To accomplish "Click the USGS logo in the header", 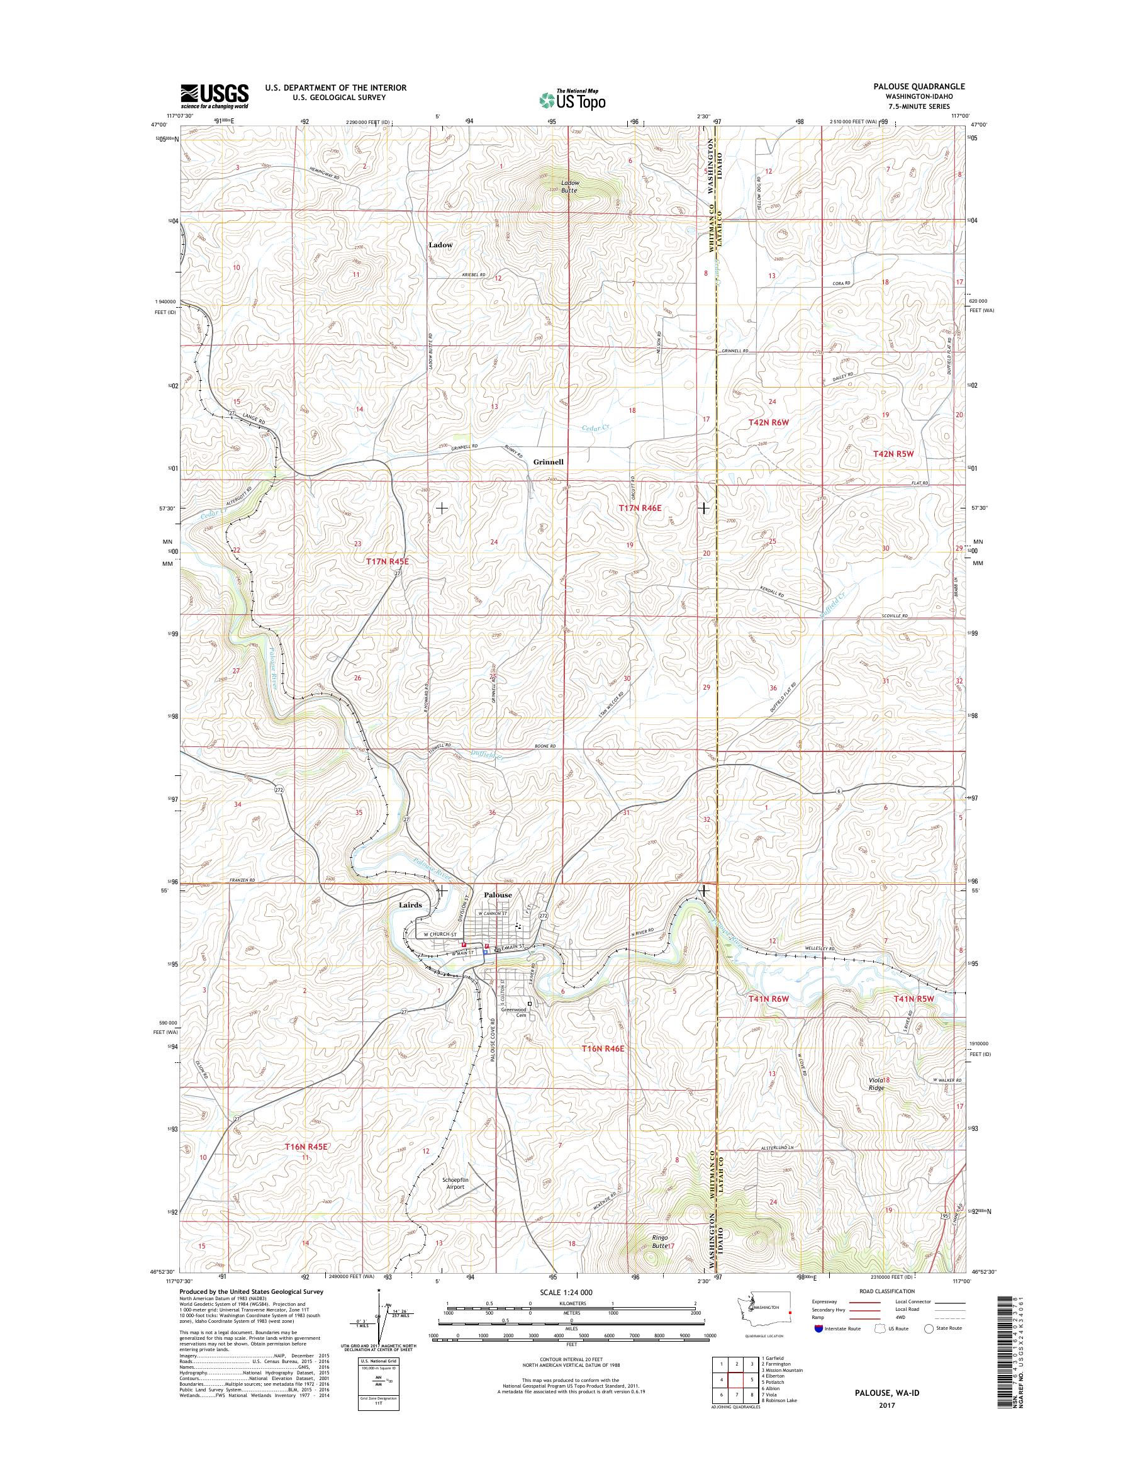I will [214, 96].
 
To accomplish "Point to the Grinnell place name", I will [548, 462].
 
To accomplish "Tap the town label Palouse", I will [498, 895].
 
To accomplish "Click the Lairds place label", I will [410, 905].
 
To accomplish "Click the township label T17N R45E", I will [387, 561].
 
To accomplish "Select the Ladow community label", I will [440, 245].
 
